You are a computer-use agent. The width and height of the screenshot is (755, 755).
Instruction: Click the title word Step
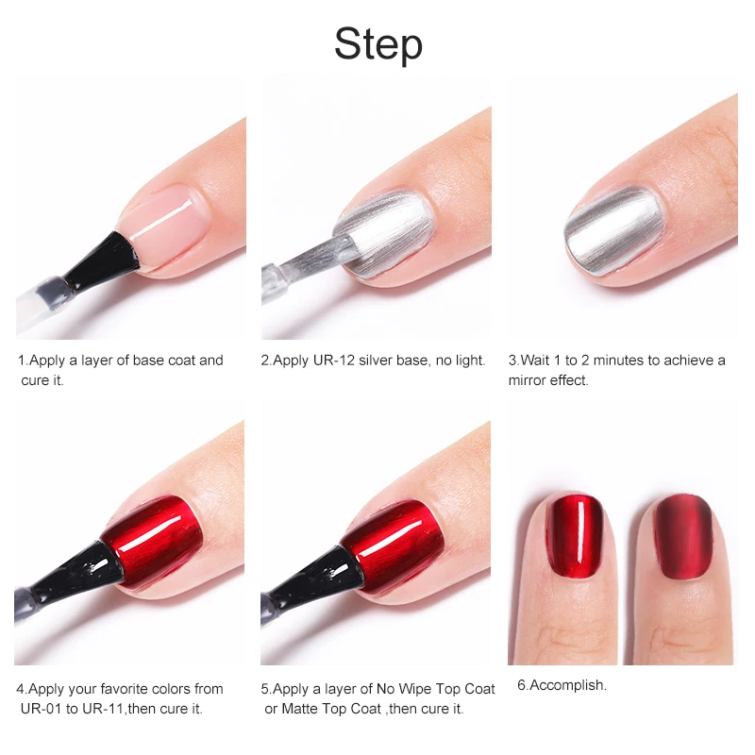pyautogui.click(x=378, y=44)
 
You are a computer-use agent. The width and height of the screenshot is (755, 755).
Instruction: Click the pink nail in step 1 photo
pyautogui.click(x=164, y=225)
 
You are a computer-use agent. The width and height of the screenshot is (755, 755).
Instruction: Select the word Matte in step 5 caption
pyautogui.click(x=300, y=709)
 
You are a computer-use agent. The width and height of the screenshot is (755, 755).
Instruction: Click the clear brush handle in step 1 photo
pyautogui.click(x=41, y=303)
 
